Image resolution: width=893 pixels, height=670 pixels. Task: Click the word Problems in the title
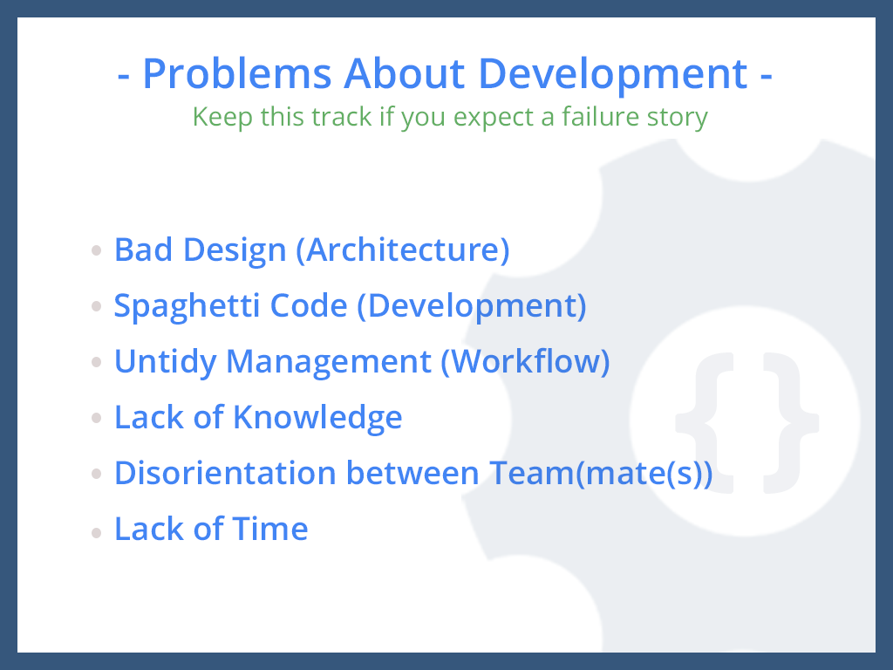tap(237, 74)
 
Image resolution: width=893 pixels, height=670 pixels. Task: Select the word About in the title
tap(405, 73)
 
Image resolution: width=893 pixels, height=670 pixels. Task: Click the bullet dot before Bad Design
tap(96, 250)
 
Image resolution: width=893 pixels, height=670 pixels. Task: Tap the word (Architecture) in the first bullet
tap(403, 250)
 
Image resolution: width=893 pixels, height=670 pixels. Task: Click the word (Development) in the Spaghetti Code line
tap(472, 307)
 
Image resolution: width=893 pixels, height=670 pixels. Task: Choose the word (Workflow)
tap(526, 362)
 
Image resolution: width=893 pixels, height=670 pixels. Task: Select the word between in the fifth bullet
tap(412, 473)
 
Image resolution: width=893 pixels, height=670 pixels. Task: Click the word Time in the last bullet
tap(270, 529)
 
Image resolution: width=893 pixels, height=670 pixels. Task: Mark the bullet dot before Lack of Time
tap(96, 533)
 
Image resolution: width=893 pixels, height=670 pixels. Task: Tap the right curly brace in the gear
tap(791, 423)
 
